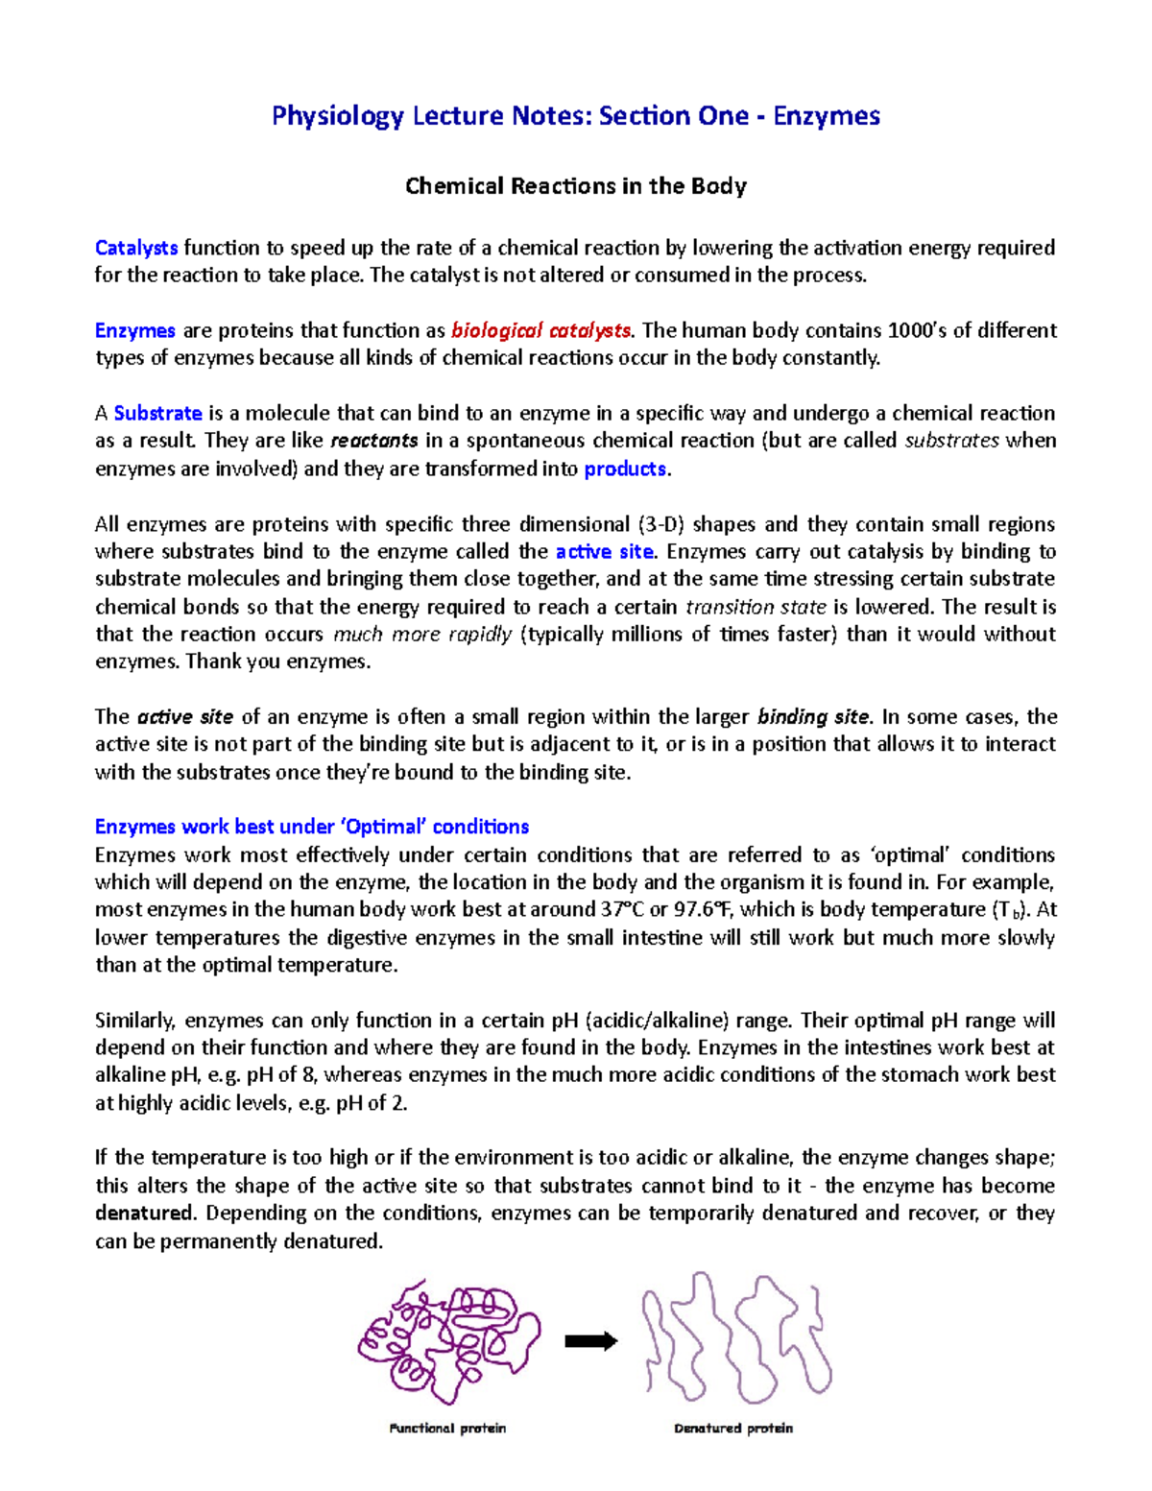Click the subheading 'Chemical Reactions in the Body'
coord(575,186)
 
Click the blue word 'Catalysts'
coord(136,248)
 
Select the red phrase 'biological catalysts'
coord(540,331)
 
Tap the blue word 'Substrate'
coord(157,414)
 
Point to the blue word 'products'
coord(625,469)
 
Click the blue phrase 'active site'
coord(604,552)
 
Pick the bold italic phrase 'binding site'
coord(813,717)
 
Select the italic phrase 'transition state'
coord(756,608)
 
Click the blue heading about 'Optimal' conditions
coord(312,828)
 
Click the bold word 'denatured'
coord(144,1214)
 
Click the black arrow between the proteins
coord(590,1342)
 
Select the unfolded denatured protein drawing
coord(736,1335)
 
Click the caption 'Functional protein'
coord(447,1429)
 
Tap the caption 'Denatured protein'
coord(733,1429)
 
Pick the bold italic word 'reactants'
coord(373,442)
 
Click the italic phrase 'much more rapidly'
coord(421,635)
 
